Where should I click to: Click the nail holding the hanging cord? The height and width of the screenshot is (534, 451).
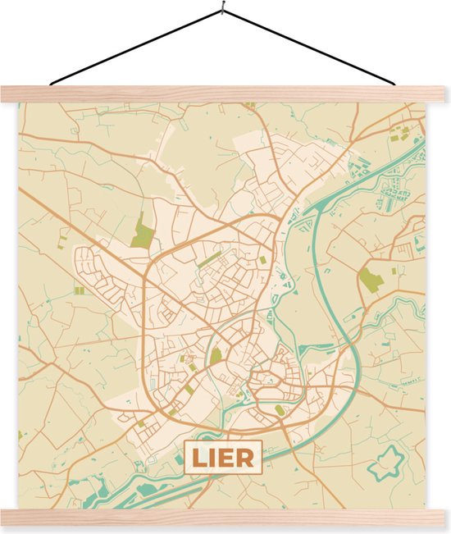tap(221, 11)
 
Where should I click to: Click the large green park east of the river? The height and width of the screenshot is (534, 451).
tap(371, 279)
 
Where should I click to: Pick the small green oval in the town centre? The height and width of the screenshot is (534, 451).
tap(280, 409)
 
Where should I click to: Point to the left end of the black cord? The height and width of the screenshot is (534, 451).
tap(51, 84)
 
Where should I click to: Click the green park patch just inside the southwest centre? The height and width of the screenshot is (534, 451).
tap(216, 357)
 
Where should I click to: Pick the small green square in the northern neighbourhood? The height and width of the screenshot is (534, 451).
tap(262, 259)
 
